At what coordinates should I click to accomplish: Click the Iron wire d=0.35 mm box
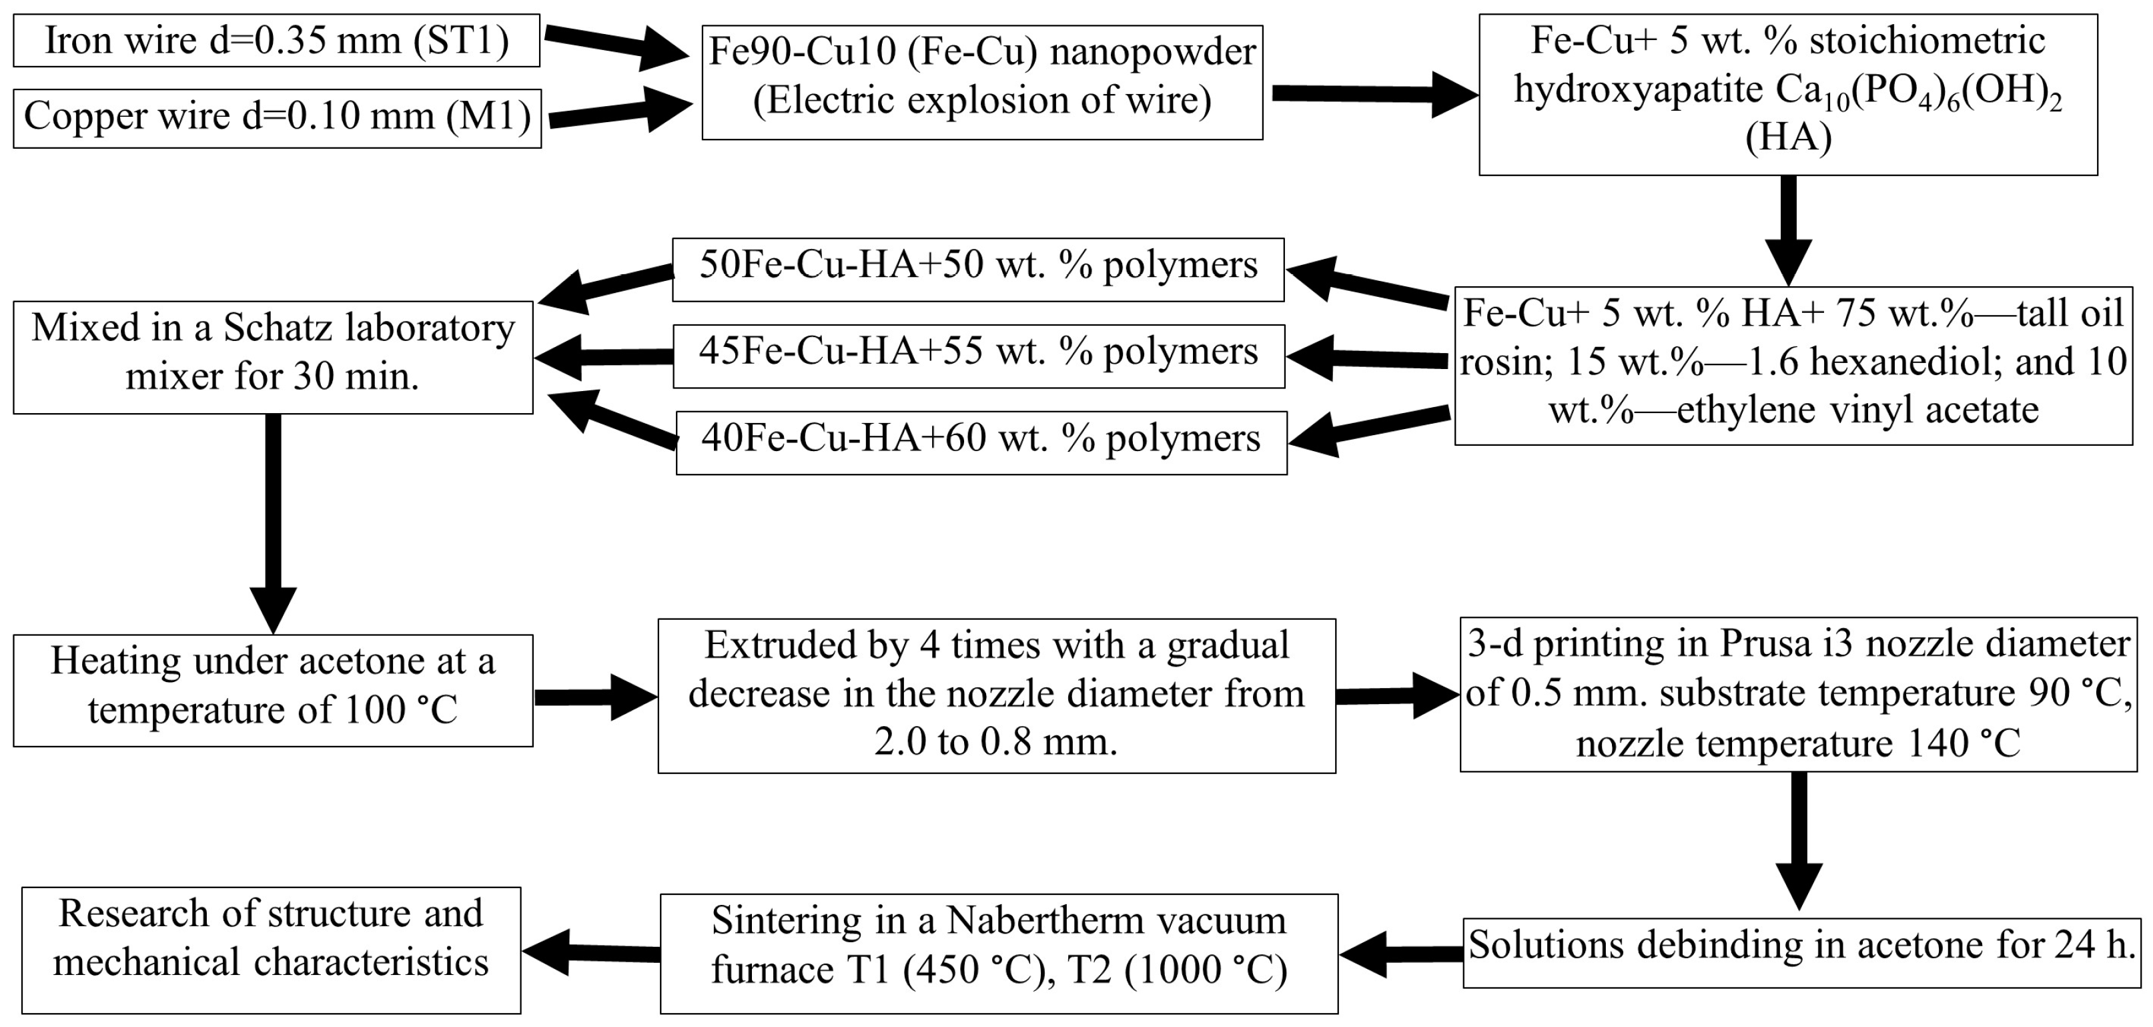pyautogui.click(x=276, y=40)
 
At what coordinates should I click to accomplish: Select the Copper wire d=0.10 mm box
pyautogui.click(x=277, y=118)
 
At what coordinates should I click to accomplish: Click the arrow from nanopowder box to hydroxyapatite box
pyautogui.click(x=1370, y=93)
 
